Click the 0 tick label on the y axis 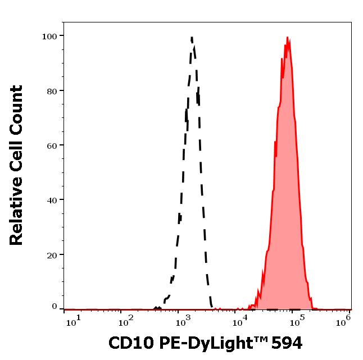(55, 307)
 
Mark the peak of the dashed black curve (192, 38)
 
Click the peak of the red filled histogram (287, 38)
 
